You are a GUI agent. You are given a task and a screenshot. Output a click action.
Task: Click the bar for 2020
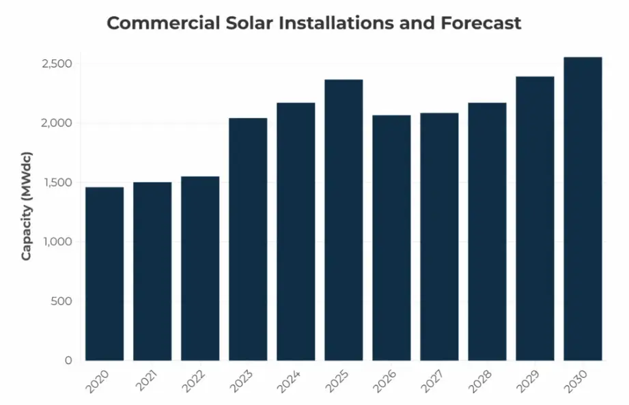click(104, 273)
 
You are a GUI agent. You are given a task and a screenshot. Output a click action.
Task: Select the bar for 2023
click(248, 239)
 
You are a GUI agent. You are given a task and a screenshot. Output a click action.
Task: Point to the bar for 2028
click(487, 232)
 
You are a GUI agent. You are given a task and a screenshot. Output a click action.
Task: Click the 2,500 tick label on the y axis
click(57, 64)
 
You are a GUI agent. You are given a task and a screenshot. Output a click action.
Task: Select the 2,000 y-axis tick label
click(57, 124)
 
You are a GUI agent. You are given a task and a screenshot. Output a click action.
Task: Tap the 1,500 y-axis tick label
click(57, 183)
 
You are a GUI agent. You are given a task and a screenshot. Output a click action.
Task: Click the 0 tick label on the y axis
click(68, 361)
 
